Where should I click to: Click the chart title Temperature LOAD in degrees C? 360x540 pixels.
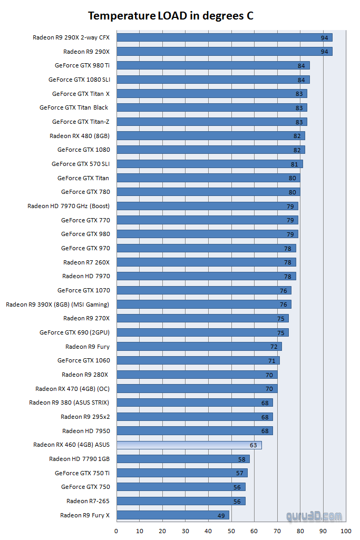coord(170,16)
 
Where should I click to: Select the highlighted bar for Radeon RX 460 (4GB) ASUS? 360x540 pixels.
coord(189,445)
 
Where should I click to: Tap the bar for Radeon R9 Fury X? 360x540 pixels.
coord(172,515)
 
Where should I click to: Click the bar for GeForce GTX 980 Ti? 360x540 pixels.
coord(212,65)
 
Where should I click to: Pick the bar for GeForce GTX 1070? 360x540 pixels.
coord(203,290)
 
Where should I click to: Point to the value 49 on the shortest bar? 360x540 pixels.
coord(221,515)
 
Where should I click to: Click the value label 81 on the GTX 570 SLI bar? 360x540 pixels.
coord(295,164)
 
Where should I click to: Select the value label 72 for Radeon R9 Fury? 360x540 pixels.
coord(274,347)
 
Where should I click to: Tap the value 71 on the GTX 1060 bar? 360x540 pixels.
coord(271,361)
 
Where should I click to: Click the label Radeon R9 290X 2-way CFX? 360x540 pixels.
coord(71,37)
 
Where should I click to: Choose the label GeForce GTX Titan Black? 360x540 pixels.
coord(74,107)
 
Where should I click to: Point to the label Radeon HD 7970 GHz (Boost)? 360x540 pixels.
coord(69,206)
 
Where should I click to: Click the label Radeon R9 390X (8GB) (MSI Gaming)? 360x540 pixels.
coord(57,305)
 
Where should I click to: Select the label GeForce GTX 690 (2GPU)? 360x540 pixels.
coord(74,332)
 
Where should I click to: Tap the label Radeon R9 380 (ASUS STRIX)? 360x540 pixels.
coord(69,402)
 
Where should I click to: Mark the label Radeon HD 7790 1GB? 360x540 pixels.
coord(79,459)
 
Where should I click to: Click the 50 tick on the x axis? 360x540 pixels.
coord(231,531)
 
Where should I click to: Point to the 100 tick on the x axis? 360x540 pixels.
coord(346,531)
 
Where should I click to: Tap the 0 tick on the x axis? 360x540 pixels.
coord(116,531)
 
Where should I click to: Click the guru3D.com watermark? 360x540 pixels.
coord(314,516)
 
